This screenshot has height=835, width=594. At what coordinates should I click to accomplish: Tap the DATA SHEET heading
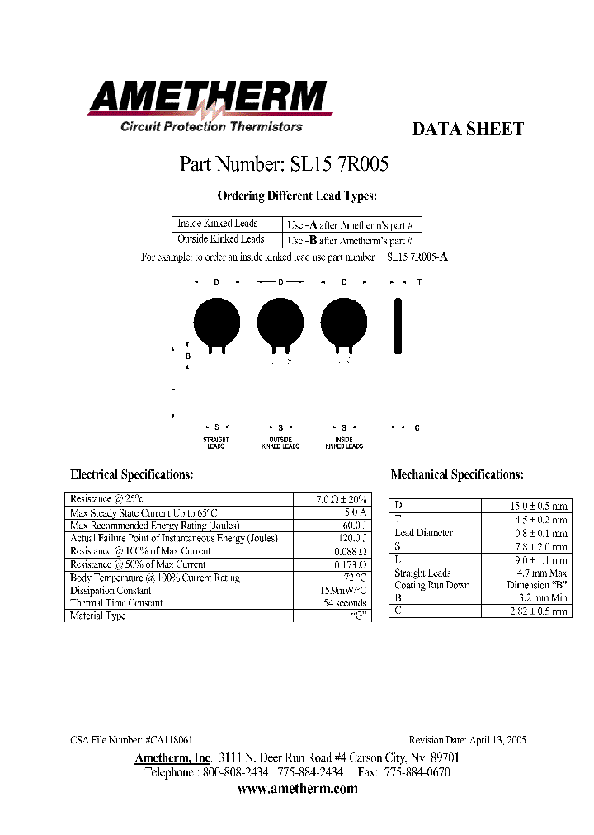[467, 130]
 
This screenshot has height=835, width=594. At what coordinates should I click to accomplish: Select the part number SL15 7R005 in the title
[339, 164]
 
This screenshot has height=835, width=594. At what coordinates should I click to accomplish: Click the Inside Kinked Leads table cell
[218, 224]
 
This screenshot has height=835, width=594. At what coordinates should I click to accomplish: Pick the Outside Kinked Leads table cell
[221, 239]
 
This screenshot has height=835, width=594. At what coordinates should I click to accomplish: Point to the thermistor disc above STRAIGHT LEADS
[216, 320]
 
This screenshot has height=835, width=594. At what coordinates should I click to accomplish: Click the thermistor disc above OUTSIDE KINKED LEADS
[280, 320]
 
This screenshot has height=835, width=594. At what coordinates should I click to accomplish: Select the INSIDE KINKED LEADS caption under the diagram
[344, 443]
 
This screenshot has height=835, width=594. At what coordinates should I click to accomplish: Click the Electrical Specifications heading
[132, 474]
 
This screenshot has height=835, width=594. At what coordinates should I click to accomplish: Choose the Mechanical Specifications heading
[457, 474]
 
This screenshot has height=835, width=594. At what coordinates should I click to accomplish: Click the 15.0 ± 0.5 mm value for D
[537, 506]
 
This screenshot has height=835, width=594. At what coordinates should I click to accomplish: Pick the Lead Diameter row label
[423, 533]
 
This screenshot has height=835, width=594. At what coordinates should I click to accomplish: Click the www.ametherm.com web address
[297, 789]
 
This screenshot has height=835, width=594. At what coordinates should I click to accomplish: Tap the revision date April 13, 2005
[497, 741]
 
